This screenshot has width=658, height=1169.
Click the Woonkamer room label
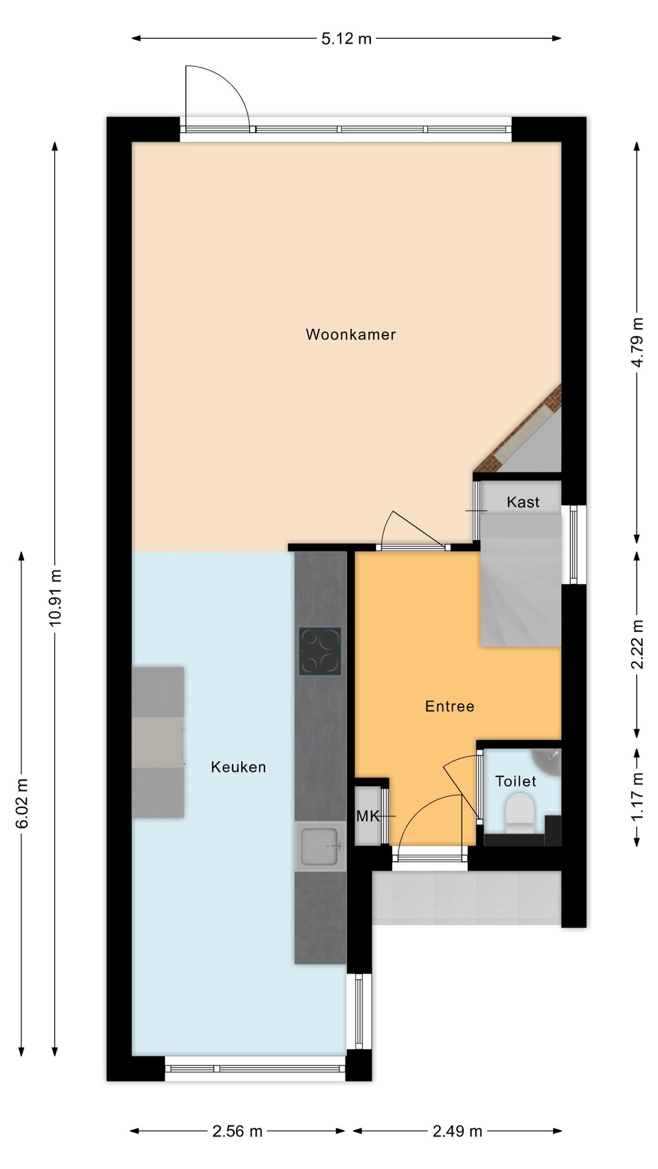click(351, 334)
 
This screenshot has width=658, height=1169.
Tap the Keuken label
click(238, 767)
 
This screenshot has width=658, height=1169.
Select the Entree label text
click(450, 706)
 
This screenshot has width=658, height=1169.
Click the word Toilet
click(515, 781)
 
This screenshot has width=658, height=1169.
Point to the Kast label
click(523, 502)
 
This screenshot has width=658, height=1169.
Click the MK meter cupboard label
click(368, 816)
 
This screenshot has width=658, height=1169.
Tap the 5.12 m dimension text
click(346, 39)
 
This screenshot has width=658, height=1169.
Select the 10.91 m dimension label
click(55, 597)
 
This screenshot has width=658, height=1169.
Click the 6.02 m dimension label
click(22, 804)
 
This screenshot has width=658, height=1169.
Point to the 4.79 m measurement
click(637, 342)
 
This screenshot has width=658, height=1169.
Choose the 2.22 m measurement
click(637, 644)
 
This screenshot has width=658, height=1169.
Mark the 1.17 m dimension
click(637, 796)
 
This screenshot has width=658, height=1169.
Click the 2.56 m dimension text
click(238, 1131)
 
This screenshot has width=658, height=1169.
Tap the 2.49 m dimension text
click(458, 1131)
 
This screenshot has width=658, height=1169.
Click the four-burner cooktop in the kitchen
click(320, 651)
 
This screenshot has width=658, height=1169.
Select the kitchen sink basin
click(320, 846)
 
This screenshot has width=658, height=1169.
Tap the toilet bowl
click(519, 815)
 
